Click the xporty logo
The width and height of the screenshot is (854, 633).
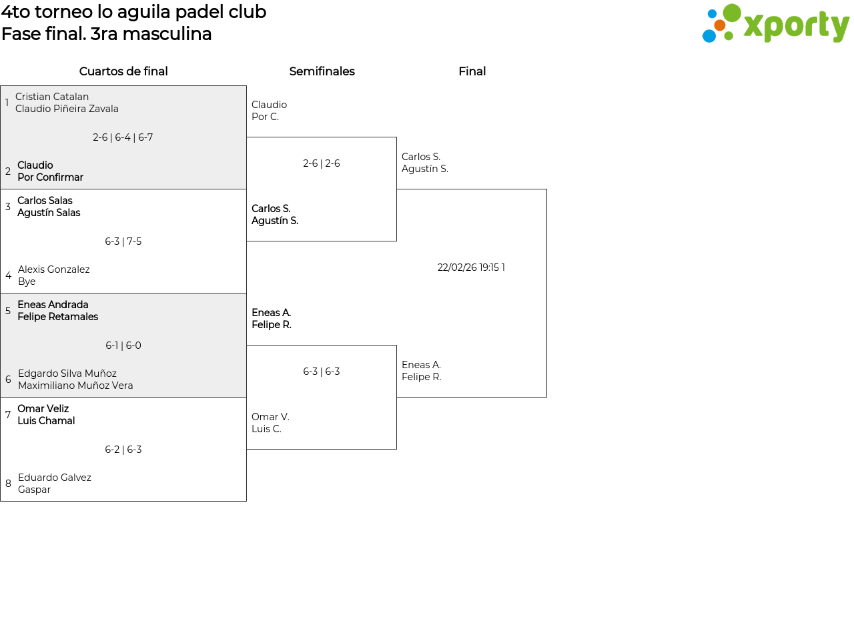coord(775,23)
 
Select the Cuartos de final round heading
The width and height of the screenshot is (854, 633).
coord(123,71)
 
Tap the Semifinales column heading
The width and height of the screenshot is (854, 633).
coord(322,71)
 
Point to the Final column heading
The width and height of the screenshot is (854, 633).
coord(472,71)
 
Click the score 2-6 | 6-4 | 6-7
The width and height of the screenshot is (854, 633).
coord(123,137)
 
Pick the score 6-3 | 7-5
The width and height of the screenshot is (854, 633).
coord(123,241)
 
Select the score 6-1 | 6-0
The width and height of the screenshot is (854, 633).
coord(123,345)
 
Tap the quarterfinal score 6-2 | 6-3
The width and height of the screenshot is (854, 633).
coord(123,449)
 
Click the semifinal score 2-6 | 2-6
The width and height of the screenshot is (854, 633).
coord(322,163)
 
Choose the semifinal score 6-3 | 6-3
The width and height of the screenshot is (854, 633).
coord(322,371)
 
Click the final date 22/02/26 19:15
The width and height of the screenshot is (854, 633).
coord(468,267)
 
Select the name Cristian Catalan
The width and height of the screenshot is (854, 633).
coord(52,96)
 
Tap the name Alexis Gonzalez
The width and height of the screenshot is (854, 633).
coord(54,269)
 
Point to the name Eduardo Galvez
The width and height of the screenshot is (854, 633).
coord(55,477)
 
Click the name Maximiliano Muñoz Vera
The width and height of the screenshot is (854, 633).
coord(75,385)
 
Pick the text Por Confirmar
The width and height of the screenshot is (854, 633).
coord(51,177)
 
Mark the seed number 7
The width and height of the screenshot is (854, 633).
coord(8,414)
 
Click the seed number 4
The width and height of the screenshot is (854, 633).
coord(9,275)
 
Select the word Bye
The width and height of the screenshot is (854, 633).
coord(27,281)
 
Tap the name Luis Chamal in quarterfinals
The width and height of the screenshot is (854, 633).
coord(46,420)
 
